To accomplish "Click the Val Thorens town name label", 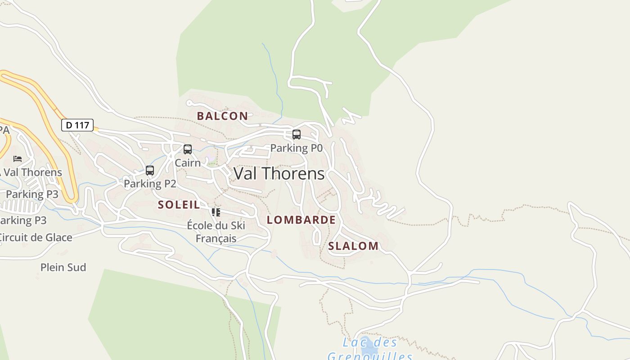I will click(279, 174).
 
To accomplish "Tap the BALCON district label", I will click(222, 116).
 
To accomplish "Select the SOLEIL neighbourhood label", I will click(179, 205).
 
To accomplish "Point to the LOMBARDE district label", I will click(301, 220).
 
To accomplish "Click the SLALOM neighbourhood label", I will click(353, 246).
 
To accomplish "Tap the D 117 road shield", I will click(77, 125).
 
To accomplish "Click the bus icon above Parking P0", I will click(296, 134).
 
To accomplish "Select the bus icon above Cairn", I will click(188, 149).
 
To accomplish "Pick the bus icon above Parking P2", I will click(150, 171).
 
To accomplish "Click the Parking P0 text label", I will click(296, 148).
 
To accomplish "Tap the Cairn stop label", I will click(188, 163).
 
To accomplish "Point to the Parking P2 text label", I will click(150, 184).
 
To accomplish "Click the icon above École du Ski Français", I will click(216, 212).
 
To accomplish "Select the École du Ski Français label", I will click(216, 231).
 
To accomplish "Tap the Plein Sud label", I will click(63, 268).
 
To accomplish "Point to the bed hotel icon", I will click(18, 159).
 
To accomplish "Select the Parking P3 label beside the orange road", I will click(32, 194).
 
